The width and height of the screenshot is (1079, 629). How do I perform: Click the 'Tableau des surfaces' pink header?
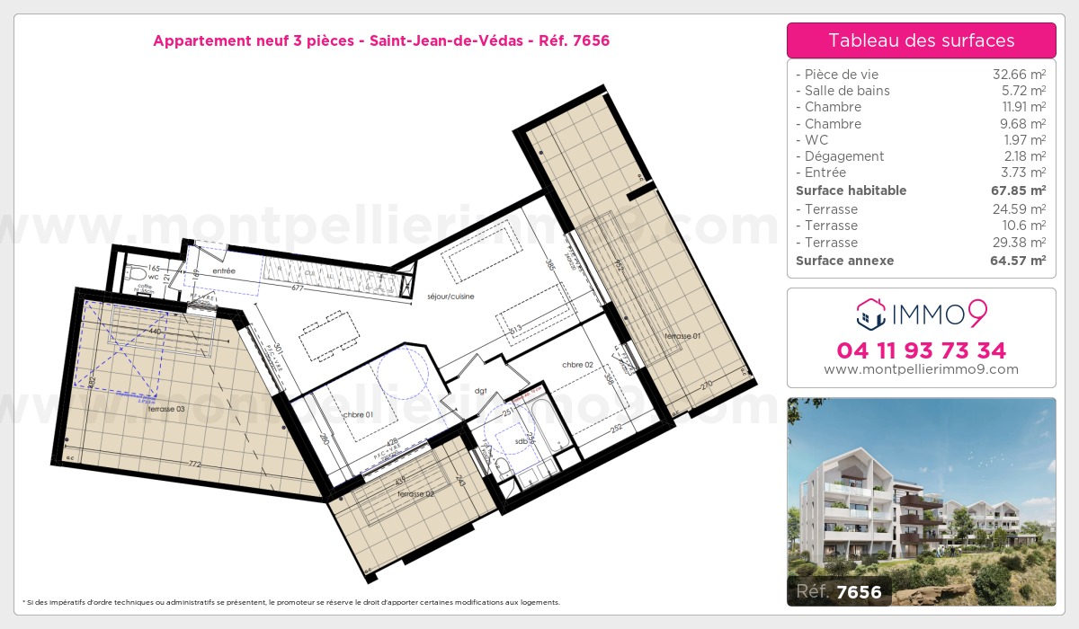[921, 40]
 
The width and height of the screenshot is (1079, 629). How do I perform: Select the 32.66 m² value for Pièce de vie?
[1018, 75]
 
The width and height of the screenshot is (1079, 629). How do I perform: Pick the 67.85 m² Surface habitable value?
[1018, 190]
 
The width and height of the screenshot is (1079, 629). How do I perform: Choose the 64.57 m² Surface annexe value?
[1018, 261]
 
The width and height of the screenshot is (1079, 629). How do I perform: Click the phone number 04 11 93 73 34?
[921, 350]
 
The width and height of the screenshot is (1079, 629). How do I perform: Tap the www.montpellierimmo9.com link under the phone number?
[921, 369]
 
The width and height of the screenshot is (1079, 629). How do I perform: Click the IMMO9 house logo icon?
[869, 314]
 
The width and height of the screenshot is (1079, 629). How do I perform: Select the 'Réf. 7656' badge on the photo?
[840, 591]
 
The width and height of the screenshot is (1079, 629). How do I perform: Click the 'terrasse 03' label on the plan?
[167, 409]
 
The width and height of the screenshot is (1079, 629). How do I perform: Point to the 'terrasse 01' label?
[682, 336]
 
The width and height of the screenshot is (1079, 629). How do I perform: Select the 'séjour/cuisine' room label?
[451, 297]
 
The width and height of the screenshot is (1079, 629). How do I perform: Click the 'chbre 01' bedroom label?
[360, 414]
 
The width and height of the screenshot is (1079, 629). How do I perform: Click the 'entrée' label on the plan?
[224, 270]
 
